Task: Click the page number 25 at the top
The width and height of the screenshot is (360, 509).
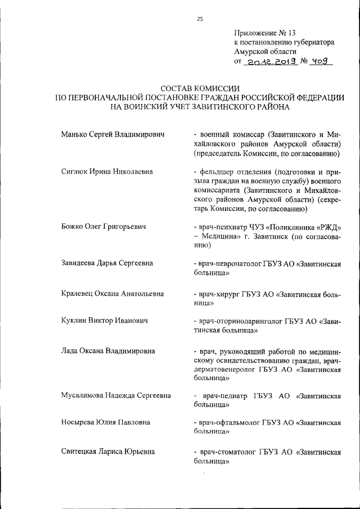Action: tap(199, 19)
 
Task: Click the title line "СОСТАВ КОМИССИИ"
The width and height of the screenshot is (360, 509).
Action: tap(200, 88)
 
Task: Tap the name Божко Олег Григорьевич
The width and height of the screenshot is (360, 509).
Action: tap(103, 227)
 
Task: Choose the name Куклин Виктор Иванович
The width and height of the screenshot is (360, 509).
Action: tap(104, 321)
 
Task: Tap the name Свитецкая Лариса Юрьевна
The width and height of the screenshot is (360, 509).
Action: tap(108, 451)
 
